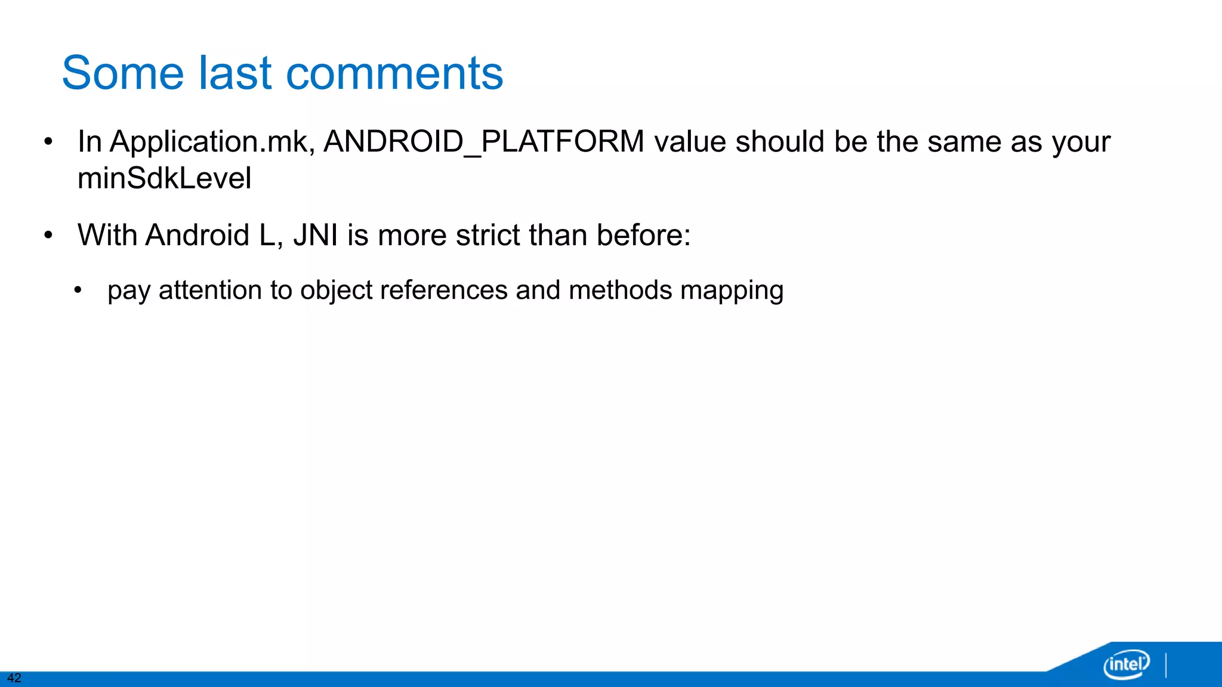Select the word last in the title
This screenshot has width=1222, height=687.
pyautogui.click(x=235, y=73)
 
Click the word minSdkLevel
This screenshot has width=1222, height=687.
pyautogui.click(x=165, y=178)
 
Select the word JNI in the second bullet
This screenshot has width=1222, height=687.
pyautogui.click(x=316, y=235)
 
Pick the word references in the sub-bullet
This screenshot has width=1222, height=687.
pyautogui.click(x=444, y=290)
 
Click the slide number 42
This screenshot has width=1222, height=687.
pyautogui.click(x=14, y=678)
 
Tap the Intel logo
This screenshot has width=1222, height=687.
pyautogui.click(x=1127, y=664)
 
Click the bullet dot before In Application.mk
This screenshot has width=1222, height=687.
pyautogui.click(x=48, y=143)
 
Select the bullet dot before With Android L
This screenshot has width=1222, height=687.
pyautogui.click(x=48, y=236)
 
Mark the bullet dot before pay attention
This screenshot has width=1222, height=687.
pyautogui.click(x=78, y=291)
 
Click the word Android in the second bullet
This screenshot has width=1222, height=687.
pyautogui.click(x=197, y=235)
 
